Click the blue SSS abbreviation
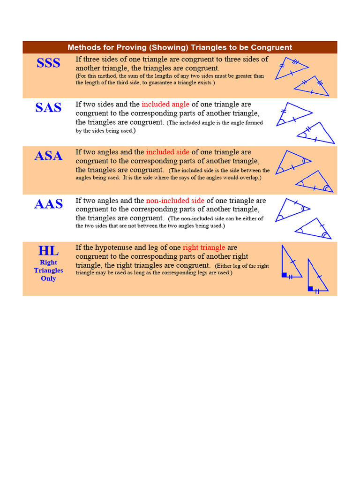pyautogui.click(x=48, y=62)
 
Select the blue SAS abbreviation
pyautogui.click(x=48, y=108)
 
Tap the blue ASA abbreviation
pyautogui.click(x=48, y=156)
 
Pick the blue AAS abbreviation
pyautogui.click(x=48, y=204)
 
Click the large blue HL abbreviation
pyautogui.click(x=48, y=250)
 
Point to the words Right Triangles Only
pyautogui.click(x=48, y=270)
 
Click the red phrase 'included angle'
pyautogui.click(x=165, y=104)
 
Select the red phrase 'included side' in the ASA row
pyautogui.click(x=168, y=152)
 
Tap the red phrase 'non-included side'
pyautogui.click(x=175, y=200)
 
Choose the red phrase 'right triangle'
pyautogui.click(x=204, y=247)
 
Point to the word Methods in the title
pyautogui.click(x=83, y=47)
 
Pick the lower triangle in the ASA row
pyautogui.click(x=315, y=183)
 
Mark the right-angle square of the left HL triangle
pyautogui.click(x=285, y=275)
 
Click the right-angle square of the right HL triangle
pyautogui.click(x=310, y=288)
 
